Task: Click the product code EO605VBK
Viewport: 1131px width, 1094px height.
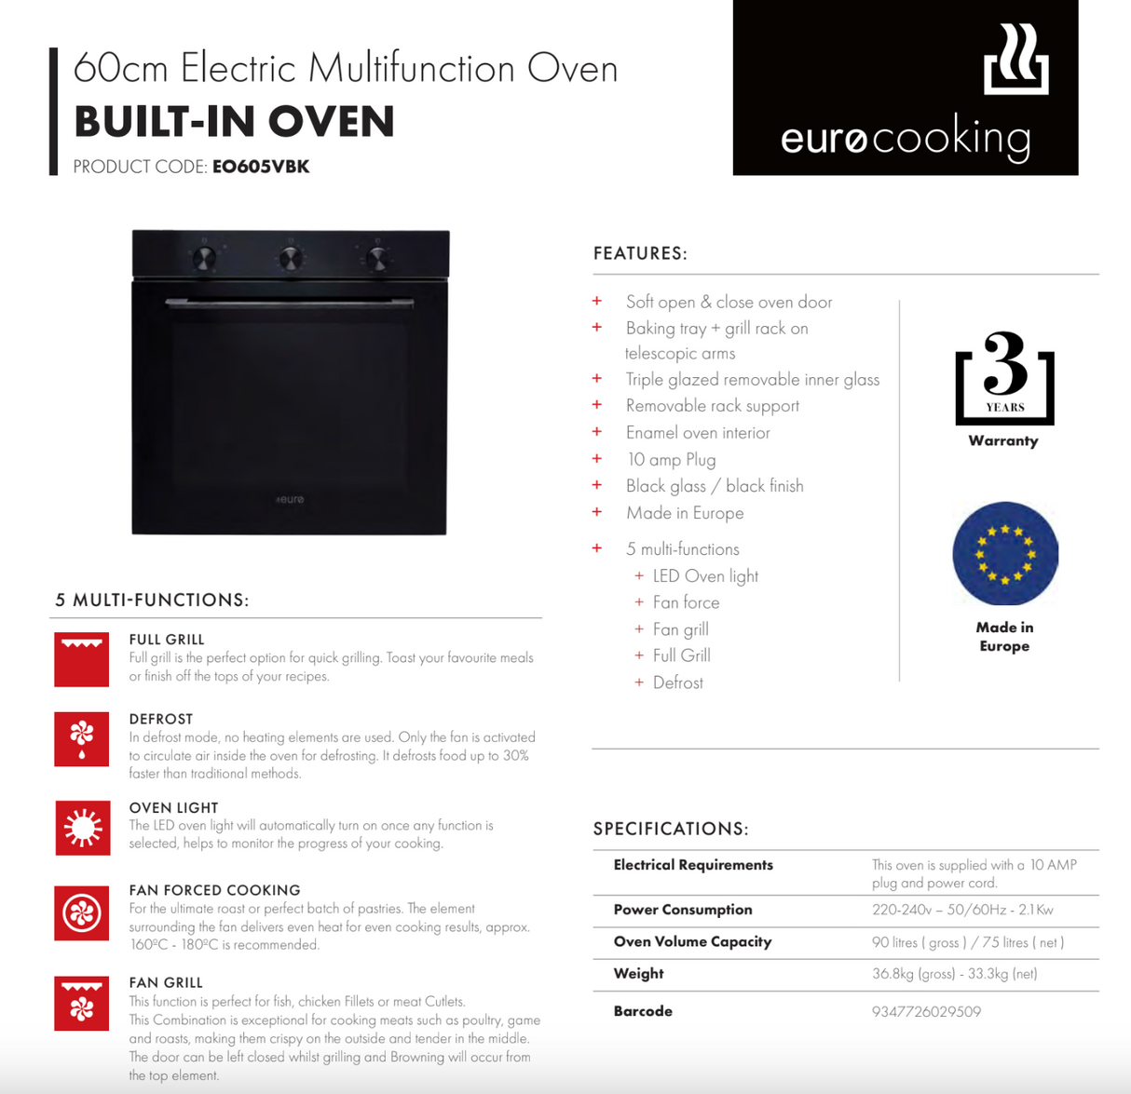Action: (x=261, y=167)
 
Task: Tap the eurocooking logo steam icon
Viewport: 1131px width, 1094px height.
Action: (x=1015, y=60)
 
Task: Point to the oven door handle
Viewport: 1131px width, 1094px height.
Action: (x=290, y=303)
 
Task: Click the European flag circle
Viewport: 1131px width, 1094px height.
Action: (x=1005, y=554)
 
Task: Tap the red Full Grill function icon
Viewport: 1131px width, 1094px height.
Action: (x=82, y=659)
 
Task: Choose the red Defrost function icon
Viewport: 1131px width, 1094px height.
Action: (x=82, y=739)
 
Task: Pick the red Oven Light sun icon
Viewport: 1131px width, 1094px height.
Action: (x=82, y=827)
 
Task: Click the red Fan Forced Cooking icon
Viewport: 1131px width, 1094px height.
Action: (x=82, y=913)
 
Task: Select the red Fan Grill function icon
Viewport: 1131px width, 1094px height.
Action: (x=82, y=1003)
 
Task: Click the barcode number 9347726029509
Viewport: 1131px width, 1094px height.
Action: (x=926, y=1011)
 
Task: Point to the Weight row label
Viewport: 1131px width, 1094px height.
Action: (x=638, y=973)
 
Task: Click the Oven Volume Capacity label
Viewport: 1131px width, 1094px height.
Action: (x=692, y=941)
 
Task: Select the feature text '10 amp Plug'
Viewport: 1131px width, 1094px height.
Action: (x=671, y=459)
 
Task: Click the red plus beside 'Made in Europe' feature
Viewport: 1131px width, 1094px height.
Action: (x=597, y=512)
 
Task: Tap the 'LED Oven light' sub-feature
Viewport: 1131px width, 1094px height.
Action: (x=705, y=575)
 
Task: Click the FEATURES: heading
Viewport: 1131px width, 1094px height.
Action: (x=640, y=253)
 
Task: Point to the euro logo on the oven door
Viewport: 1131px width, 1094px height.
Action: (x=290, y=500)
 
